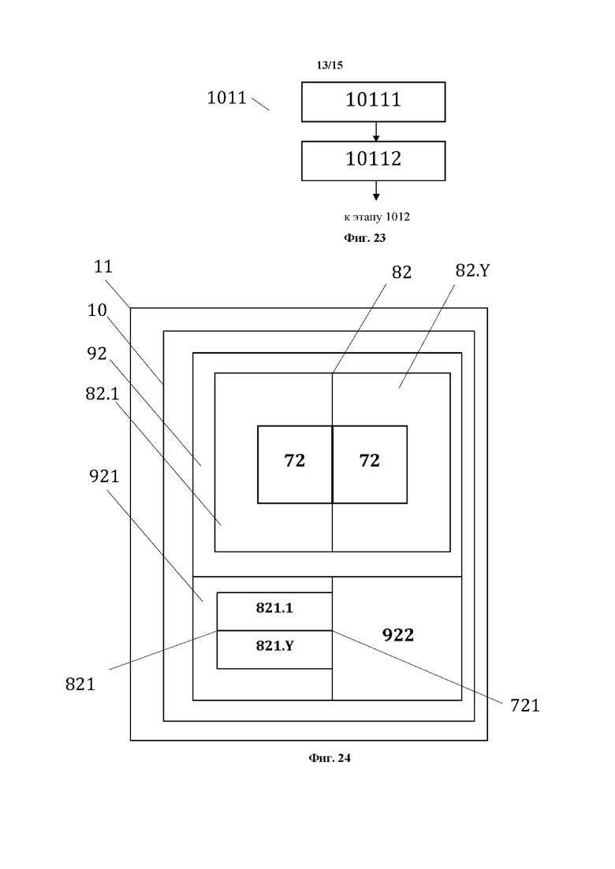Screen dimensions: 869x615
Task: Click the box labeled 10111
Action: [x=373, y=101]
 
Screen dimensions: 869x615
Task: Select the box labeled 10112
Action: [x=373, y=160]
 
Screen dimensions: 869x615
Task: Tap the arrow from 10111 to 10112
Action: [x=376, y=132]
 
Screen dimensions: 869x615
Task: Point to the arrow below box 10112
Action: [x=376, y=191]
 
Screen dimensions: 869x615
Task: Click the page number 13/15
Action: [x=330, y=65]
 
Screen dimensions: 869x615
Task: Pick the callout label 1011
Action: [x=226, y=98]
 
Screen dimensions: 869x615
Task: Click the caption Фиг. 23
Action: [x=365, y=236]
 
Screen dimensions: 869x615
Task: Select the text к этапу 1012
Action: [x=377, y=217]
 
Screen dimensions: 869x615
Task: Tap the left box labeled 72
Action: [x=295, y=464]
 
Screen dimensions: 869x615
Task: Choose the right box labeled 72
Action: [x=370, y=464]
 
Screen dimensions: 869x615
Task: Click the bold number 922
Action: [x=398, y=635]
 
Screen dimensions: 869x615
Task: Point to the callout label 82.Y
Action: [x=472, y=271]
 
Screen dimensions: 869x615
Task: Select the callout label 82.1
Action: [x=102, y=394]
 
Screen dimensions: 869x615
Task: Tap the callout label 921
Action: [x=104, y=477]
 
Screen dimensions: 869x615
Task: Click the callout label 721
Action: [x=524, y=706]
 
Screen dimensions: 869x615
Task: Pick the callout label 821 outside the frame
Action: [x=80, y=684]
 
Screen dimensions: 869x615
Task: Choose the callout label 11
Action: [x=103, y=266]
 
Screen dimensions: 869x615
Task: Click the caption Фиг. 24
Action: [x=330, y=759]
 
